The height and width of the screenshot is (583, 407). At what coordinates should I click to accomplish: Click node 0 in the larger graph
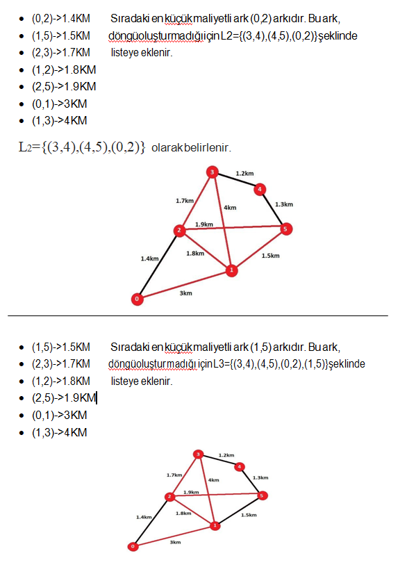tap(138, 299)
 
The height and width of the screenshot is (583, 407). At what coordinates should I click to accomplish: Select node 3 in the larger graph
tap(213, 172)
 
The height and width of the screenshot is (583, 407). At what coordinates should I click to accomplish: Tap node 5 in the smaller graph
tap(263, 495)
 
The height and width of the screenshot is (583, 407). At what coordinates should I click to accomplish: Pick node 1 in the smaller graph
tap(215, 525)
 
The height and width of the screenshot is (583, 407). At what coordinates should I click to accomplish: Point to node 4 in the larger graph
tap(259, 188)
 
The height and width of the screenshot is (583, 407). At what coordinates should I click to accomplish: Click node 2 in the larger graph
tap(179, 231)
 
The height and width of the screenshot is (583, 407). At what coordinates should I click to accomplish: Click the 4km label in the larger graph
tap(230, 207)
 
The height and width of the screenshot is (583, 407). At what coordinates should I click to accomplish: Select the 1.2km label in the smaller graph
tap(226, 455)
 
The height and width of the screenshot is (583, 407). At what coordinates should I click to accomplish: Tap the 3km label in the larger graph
tap(185, 293)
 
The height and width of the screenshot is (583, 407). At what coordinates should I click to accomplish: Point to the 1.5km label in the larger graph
tap(270, 256)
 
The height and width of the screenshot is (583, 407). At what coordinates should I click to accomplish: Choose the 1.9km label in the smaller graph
tap(191, 492)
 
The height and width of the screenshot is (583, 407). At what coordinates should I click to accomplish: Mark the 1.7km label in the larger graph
tap(184, 200)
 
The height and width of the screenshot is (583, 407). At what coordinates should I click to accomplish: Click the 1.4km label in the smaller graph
tap(144, 517)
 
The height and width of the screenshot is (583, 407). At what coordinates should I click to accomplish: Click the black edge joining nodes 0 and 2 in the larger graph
tap(158, 265)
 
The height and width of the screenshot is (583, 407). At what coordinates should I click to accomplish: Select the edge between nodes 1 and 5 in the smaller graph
tap(239, 511)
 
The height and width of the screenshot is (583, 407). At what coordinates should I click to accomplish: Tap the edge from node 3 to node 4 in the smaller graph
tap(219, 460)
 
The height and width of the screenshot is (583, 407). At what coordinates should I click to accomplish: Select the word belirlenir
tap(207, 148)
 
